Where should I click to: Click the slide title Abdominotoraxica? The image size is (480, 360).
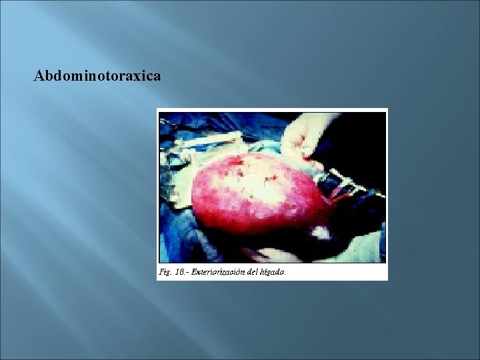pos(97,76)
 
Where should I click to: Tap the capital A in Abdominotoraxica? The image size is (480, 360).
pos(39,76)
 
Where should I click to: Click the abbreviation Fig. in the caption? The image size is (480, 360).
pos(165,272)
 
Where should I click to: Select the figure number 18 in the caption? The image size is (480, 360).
pos(179,272)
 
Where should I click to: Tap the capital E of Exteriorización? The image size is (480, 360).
pos(194,272)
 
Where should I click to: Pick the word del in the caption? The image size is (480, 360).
pos(253,272)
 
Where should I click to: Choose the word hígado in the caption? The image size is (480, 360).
pos(273,272)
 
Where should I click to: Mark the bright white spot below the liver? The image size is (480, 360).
pos(321,233)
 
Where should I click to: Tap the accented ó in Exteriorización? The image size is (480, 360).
pos(238,272)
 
